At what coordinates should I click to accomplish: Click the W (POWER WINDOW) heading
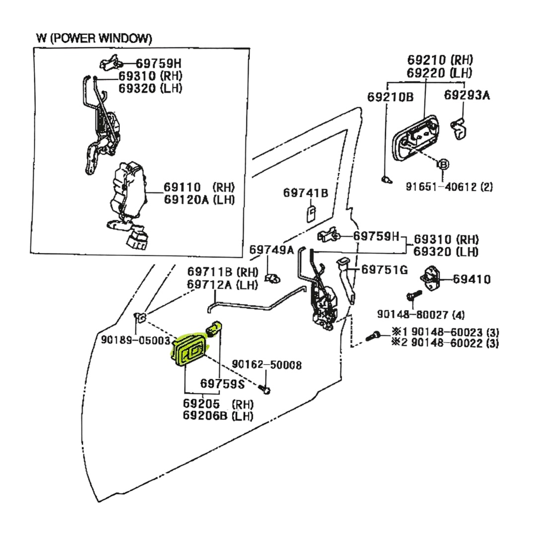click(94, 38)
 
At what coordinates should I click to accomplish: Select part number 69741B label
click(306, 193)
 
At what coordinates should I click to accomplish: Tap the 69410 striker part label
click(471, 279)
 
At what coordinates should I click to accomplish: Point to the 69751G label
click(384, 270)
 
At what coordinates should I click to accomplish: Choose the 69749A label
click(271, 249)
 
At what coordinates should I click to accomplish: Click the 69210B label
click(390, 97)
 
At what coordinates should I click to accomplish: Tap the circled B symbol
click(443, 164)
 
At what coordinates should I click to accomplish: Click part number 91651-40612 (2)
click(449, 187)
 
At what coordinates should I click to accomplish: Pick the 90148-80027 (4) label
click(420, 314)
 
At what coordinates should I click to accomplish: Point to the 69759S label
click(222, 384)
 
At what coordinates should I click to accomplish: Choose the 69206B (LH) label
click(218, 416)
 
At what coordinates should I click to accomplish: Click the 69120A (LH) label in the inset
click(199, 200)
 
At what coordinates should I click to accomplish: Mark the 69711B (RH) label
click(222, 272)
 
